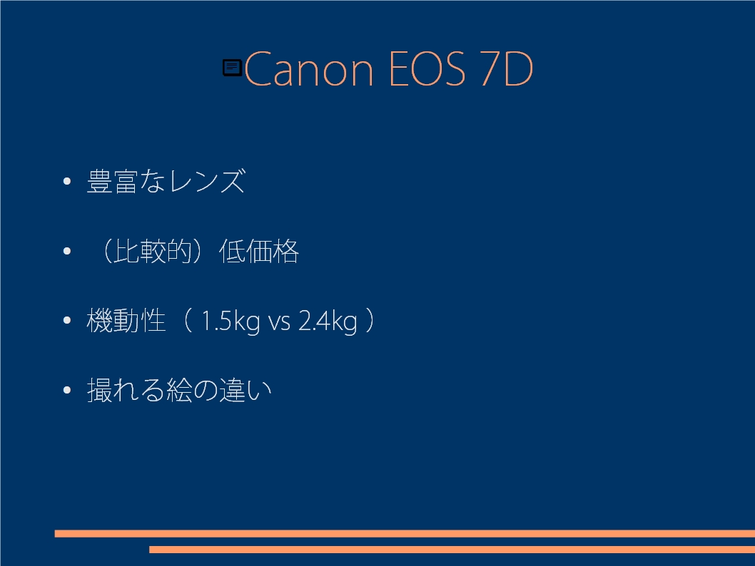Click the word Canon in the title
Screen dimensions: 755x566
pos(309,70)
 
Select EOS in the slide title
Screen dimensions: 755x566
pos(427,70)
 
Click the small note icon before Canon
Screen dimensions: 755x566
pos(232,67)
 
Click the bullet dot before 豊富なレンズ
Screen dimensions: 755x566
pos(67,181)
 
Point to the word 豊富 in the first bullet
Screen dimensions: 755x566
pos(113,181)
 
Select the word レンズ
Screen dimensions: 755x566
pos(208,181)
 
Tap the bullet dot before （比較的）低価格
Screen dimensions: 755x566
pos(67,250)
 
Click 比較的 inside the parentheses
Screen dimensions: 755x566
pos(153,251)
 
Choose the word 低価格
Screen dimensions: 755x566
pos(259,251)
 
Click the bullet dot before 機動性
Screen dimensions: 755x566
pos(67,320)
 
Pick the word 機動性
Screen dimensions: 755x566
pos(126,320)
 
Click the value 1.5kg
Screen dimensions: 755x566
pos(230,321)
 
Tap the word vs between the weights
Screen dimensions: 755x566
pos(279,322)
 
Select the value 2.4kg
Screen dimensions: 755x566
pos(328,321)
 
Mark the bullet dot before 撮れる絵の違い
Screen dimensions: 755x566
pos(67,389)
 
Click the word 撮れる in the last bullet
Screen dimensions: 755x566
pos(126,389)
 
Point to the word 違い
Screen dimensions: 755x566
pos(245,389)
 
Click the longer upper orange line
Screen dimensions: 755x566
pos(405,533)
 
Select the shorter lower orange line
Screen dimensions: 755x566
pos(452,549)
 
